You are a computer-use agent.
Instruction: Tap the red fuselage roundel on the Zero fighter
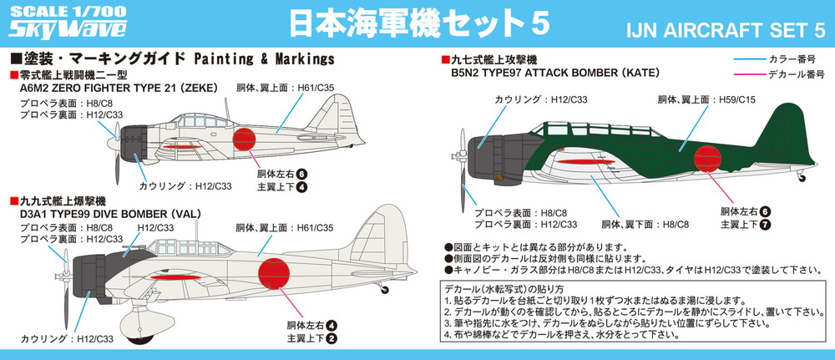pos(244,139)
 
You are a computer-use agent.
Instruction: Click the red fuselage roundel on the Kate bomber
pos(707,159)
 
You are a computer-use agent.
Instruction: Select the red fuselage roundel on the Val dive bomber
pos(274,274)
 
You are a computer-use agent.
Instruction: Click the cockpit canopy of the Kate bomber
pos(595,130)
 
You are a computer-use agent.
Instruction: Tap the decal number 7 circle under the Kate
pos(765,224)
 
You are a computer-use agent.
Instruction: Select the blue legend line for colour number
pos(748,58)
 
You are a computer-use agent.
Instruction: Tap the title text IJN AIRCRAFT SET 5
pos(726,30)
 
